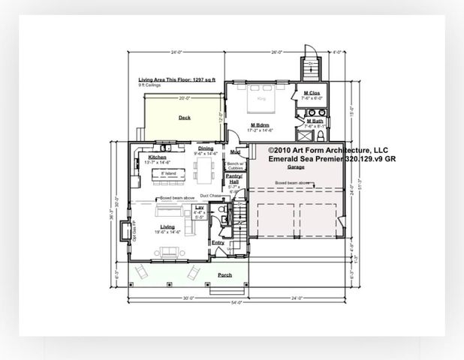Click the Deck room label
click(x=184, y=118)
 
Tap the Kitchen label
click(x=157, y=157)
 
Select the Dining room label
click(x=206, y=148)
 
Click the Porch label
click(x=224, y=275)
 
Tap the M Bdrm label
click(x=261, y=125)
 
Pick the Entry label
click(x=218, y=242)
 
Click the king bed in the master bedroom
click(x=262, y=97)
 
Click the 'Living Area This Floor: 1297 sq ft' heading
click(x=177, y=79)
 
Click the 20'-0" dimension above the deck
click(x=184, y=97)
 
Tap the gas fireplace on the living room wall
click(x=123, y=229)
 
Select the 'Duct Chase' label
click(x=210, y=195)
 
